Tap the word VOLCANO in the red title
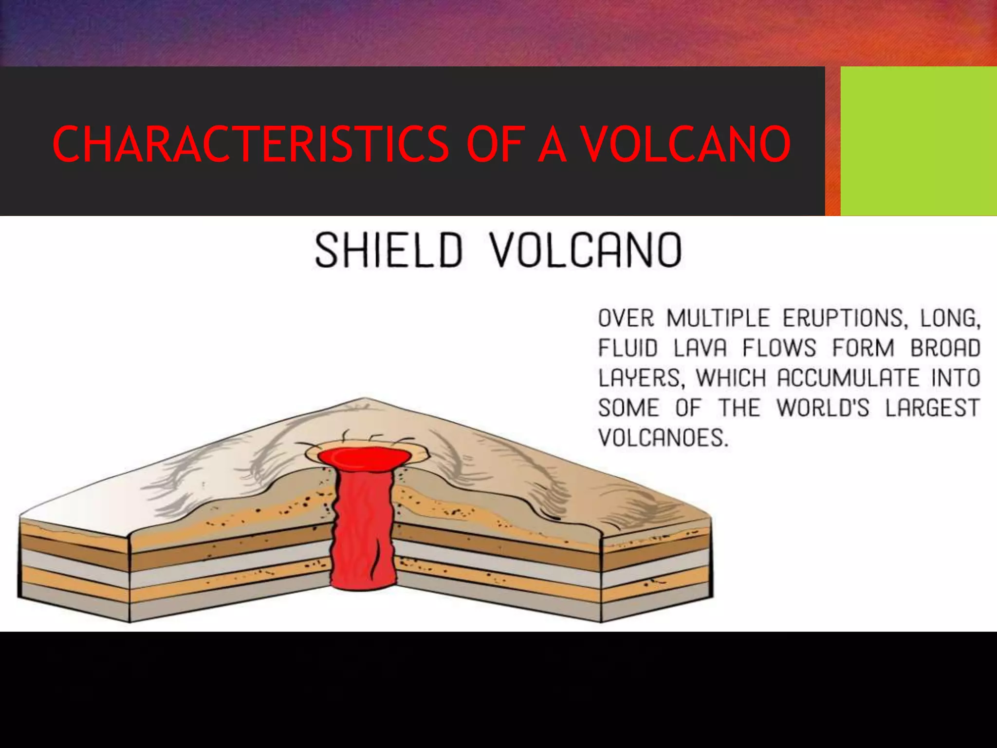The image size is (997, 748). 686,144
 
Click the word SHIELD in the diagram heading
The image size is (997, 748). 388,250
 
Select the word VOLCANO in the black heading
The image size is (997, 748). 586,250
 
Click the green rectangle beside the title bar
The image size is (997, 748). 918,141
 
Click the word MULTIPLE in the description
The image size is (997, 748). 718,318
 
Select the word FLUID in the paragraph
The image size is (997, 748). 628,348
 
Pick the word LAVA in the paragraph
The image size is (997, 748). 701,348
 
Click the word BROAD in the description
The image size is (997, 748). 945,348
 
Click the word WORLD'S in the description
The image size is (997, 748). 823,408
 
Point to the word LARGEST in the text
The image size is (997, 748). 932,408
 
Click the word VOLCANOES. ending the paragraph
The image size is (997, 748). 663,438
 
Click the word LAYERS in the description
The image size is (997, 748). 641,378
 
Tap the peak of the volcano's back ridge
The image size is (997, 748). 363,400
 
